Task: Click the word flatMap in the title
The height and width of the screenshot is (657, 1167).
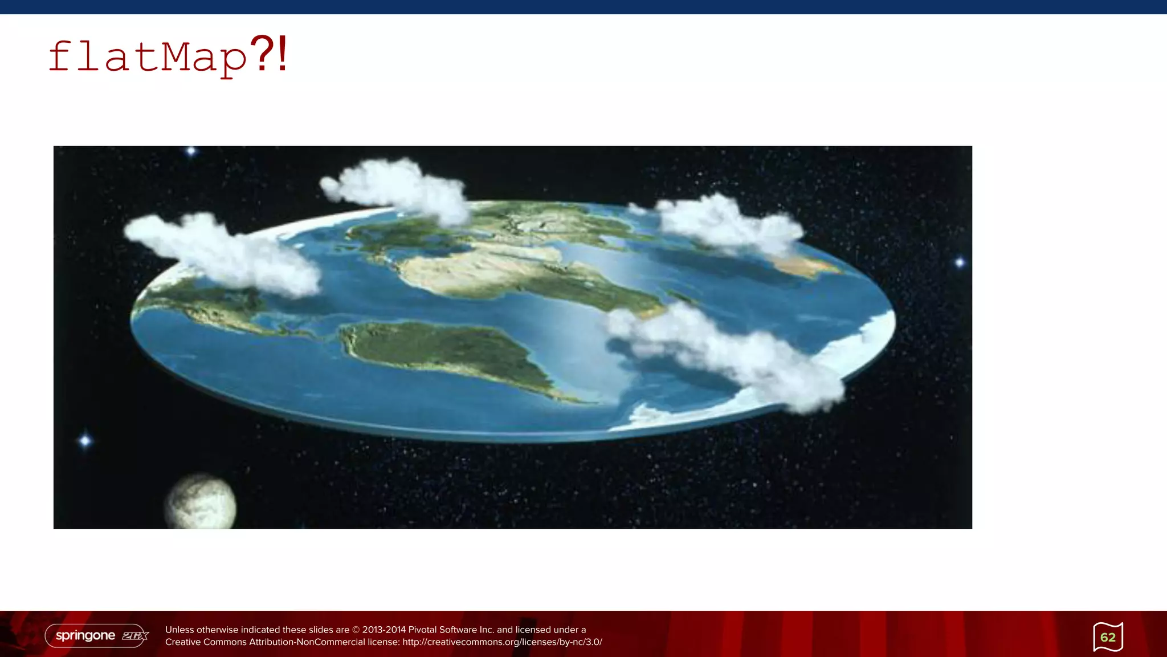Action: click(147, 58)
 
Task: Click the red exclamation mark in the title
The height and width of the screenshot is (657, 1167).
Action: click(283, 54)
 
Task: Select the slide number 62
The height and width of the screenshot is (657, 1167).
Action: click(1108, 637)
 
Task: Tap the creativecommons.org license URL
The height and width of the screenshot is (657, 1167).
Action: click(502, 642)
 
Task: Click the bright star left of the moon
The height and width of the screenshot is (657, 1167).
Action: click(85, 440)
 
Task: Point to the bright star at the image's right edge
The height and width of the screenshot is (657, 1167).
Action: click(960, 262)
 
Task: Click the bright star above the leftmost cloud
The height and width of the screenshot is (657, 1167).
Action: click(191, 151)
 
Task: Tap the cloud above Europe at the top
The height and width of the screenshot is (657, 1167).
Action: click(399, 188)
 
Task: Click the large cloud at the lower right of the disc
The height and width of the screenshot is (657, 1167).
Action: click(729, 354)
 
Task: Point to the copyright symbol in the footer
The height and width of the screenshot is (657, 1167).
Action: click(356, 630)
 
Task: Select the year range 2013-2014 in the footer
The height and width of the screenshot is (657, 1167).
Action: click(383, 630)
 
